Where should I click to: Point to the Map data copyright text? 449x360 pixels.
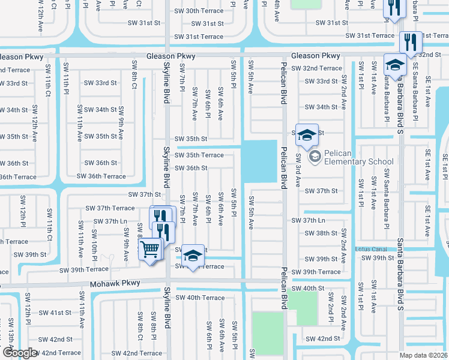pyautogui.click(x=423, y=355)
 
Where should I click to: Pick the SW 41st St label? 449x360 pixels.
pyautogui.click(x=54, y=313)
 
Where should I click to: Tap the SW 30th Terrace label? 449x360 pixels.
pyautogui.click(x=199, y=11)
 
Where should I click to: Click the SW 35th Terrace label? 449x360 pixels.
pyautogui.click(x=199, y=155)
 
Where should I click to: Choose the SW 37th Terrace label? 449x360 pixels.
pyautogui.click(x=110, y=208)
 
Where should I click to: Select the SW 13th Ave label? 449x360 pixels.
pyautogui.click(x=10, y=337)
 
